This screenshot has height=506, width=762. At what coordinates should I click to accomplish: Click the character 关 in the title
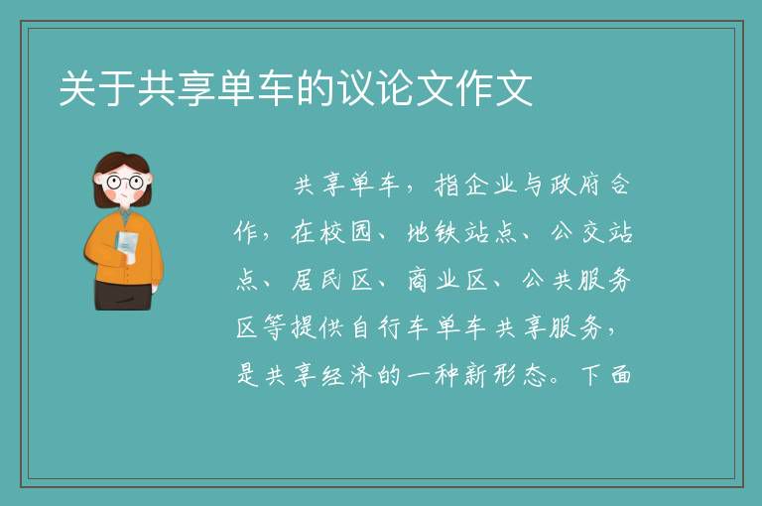tap(77, 88)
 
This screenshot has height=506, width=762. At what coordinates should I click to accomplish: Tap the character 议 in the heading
tap(356, 88)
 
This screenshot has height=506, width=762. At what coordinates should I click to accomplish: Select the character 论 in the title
tap(396, 88)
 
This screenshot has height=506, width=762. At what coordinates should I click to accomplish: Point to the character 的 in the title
tap(317, 88)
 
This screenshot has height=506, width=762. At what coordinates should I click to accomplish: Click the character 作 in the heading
tap(475, 88)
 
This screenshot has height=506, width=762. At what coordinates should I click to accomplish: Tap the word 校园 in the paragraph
tap(346, 233)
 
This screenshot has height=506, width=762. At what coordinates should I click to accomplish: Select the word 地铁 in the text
tap(434, 233)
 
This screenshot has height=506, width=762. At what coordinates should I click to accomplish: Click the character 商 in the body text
tap(420, 281)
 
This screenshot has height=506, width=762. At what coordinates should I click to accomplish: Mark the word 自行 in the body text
tap(375, 328)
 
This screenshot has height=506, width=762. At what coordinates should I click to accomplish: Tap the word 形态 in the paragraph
tap(519, 376)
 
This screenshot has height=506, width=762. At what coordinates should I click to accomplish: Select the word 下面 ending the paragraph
tap(605, 376)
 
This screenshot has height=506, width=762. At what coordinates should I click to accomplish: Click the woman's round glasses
tap(125, 183)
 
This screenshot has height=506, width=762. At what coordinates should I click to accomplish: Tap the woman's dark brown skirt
tap(123, 295)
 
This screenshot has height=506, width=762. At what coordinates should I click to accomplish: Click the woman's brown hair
tap(122, 162)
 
